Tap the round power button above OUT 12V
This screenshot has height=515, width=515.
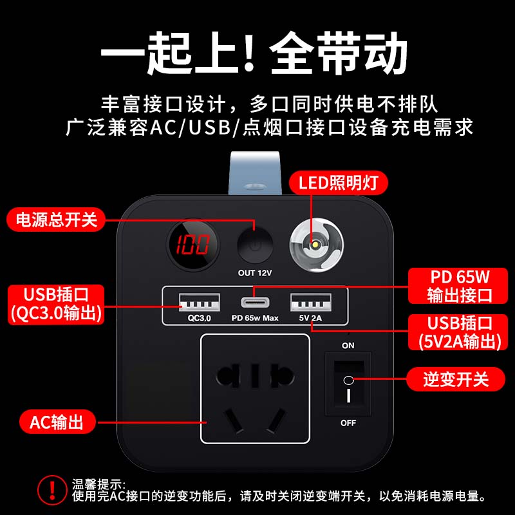point(255,244)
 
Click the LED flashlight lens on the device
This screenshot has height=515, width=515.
point(315,244)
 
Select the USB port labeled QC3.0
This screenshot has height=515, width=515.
point(199,302)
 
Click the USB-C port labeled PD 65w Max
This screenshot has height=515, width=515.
point(255,302)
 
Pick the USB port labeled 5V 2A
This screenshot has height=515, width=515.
point(311,302)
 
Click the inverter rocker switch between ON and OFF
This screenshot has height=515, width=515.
point(348,384)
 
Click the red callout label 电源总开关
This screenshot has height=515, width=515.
point(57,219)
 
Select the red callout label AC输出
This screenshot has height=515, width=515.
point(57,422)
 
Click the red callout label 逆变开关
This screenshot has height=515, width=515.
point(456,379)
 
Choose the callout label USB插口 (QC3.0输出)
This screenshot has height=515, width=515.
point(57,304)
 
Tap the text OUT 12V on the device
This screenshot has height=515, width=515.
point(255,273)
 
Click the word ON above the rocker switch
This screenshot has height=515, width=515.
point(348,346)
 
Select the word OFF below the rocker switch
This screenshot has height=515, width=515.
point(348,423)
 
